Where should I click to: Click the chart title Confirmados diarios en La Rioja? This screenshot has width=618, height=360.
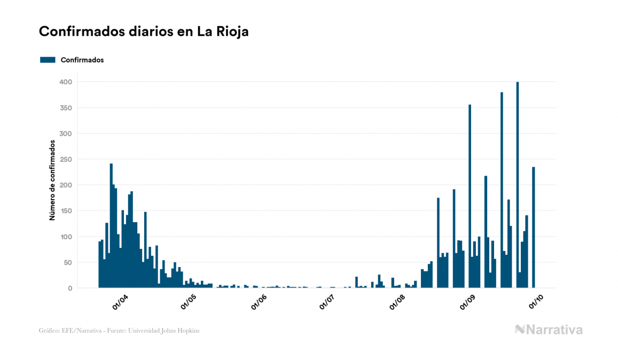click(x=144, y=32)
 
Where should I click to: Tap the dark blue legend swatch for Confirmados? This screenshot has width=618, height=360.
click(x=48, y=60)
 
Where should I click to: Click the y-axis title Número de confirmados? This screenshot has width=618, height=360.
click(x=52, y=181)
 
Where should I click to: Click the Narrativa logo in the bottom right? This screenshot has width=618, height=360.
click(x=549, y=330)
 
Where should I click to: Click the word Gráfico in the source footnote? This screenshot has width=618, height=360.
click(x=49, y=331)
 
